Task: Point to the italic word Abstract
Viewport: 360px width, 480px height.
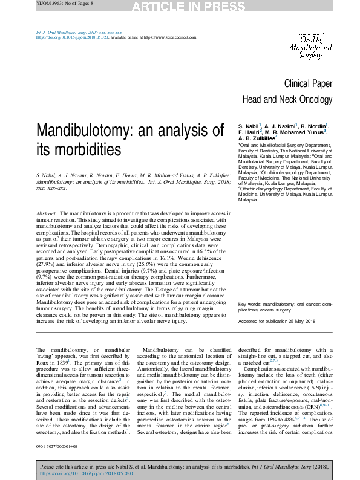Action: coord(47,214)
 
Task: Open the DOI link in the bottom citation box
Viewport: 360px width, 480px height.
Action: coord(77,475)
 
